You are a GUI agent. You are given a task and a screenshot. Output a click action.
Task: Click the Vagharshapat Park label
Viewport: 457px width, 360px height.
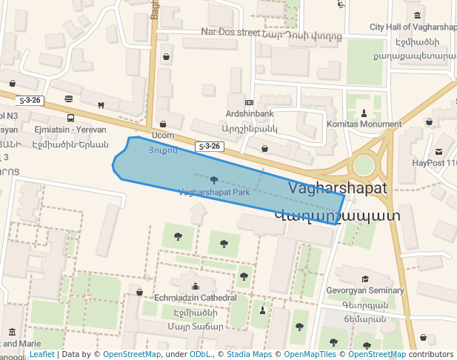(x=213, y=193)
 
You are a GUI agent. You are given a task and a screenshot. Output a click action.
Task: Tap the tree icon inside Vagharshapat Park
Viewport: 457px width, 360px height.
(x=214, y=180)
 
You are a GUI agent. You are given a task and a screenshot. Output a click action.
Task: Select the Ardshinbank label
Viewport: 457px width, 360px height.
(x=250, y=114)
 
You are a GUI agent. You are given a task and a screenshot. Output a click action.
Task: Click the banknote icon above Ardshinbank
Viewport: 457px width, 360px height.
(x=250, y=102)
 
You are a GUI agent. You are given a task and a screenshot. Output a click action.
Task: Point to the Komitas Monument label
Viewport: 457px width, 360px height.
(x=364, y=124)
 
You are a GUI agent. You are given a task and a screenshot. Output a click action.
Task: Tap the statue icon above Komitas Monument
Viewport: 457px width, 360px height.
(x=364, y=113)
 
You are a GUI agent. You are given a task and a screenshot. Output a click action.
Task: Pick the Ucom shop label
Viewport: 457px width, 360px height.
(x=163, y=136)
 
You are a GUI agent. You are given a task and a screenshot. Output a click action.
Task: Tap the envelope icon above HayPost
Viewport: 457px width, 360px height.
(x=439, y=151)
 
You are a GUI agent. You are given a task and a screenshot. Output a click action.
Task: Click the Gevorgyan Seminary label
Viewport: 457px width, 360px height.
(x=365, y=291)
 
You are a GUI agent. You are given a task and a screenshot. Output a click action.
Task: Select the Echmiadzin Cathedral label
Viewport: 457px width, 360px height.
(x=195, y=298)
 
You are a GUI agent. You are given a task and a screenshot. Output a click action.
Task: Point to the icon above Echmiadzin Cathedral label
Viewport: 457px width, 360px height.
(x=195, y=287)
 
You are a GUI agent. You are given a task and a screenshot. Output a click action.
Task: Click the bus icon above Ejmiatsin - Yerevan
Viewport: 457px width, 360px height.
(x=70, y=118)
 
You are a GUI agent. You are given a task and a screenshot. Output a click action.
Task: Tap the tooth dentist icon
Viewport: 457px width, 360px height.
(x=101, y=105)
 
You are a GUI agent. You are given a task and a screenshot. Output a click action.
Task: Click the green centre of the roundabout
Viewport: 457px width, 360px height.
(x=364, y=165)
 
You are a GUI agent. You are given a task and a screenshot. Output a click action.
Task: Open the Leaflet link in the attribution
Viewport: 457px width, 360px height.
(x=41, y=355)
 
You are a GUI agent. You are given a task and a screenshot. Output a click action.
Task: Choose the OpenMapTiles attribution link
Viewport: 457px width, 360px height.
(x=307, y=355)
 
